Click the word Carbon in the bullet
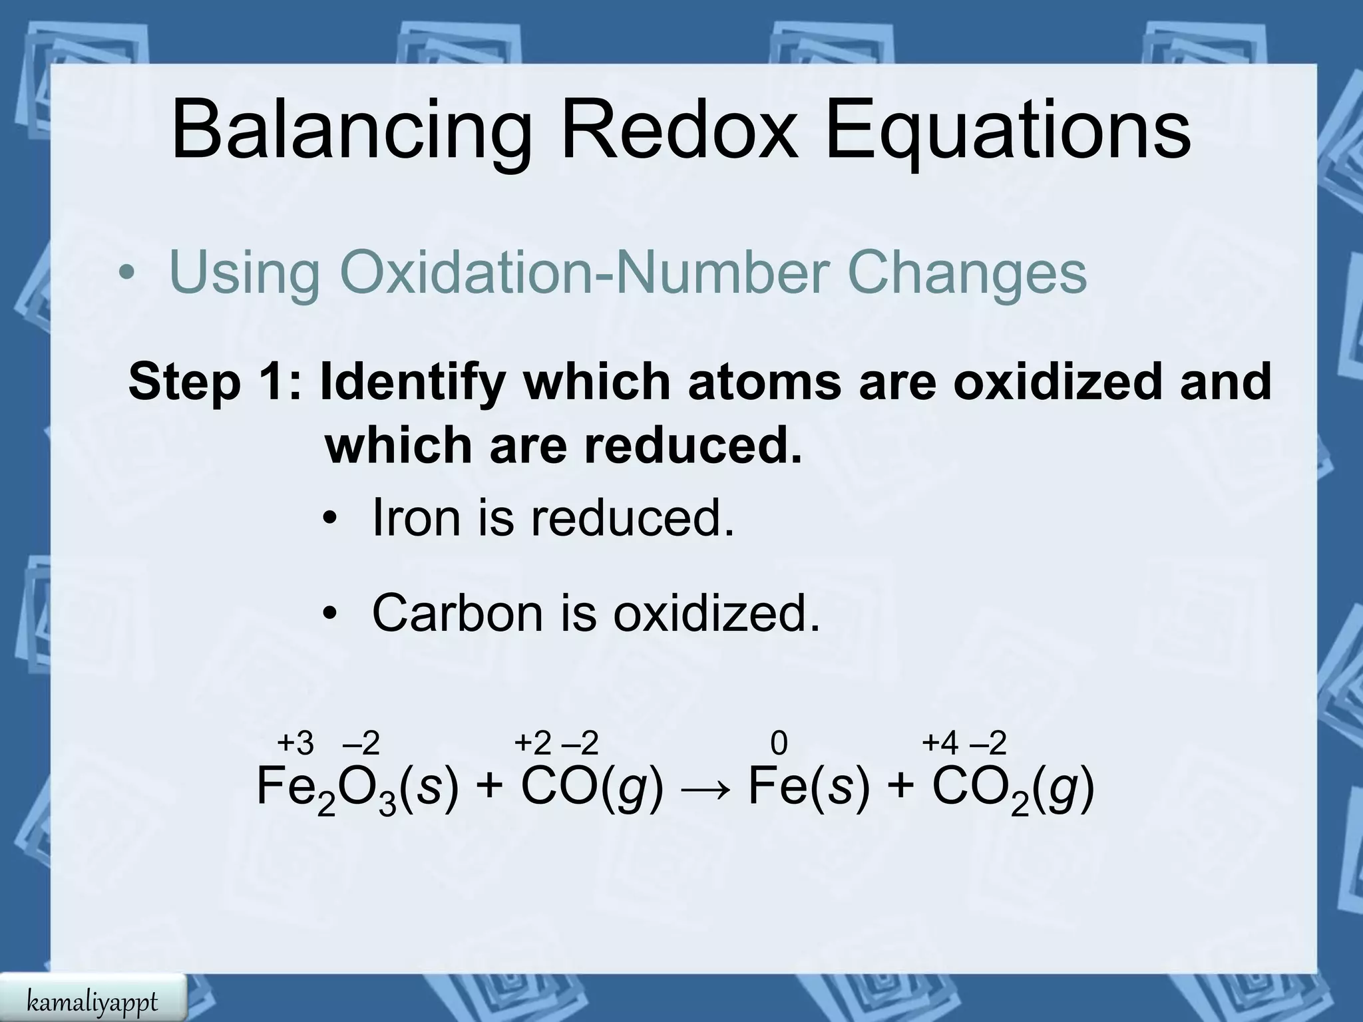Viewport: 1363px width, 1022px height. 457,612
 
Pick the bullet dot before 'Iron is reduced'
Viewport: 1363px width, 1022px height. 329,520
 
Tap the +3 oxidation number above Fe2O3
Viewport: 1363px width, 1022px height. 295,743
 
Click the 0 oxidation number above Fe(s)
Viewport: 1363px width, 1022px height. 779,743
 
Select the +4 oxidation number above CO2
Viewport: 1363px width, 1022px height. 940,743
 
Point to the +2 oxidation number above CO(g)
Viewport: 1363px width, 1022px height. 532,743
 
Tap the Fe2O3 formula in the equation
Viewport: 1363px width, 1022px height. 326,789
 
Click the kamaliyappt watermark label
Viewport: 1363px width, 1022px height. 93,1000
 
